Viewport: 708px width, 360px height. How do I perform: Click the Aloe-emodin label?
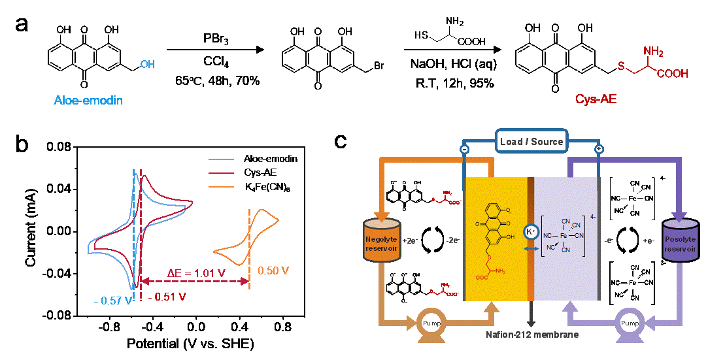pyautogui.click(x=88, y=101)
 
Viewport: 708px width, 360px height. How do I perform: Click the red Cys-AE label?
pyautogui.click(x=596, y=99)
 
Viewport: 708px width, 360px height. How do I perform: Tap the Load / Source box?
pyautogui.click(x=531, y=141)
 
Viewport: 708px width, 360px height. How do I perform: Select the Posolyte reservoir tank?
pyautogui.click(x=681, y=240)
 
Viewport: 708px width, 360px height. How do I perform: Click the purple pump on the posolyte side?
pyautogui.click(x=629, y=323)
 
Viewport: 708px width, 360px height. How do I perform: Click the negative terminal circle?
pyautogui.click(x=464, y=150)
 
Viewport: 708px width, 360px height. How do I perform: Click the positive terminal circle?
pyautogui.click(x=598, y=150)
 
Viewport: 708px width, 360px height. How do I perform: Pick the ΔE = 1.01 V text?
pyautogui.click(x=186, y=272)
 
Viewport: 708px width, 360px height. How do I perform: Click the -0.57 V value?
pyautogui.click(x=112, y=301)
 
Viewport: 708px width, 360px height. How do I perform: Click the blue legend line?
pyautogui.click(x=221, y=159)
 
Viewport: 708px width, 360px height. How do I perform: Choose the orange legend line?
pyautogui.click(x=221, y=187)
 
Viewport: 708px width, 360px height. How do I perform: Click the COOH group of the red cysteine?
pyautogui.click(x=672, y=74)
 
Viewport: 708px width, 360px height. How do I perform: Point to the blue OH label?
pyautogui.click(x=147, y=65)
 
